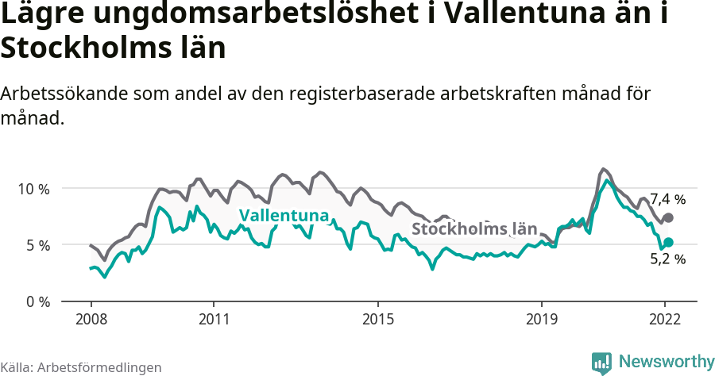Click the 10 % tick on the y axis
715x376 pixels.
coord(33,189)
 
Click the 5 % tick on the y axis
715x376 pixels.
coord(37,245)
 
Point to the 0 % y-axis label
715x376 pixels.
coord(37,302)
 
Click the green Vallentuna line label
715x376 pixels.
coord(284,216)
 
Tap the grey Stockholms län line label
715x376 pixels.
coord(473,229)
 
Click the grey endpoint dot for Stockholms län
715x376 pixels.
coord(668,217)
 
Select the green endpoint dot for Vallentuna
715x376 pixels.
coord(668,242)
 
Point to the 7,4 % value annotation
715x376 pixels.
coord(667,199)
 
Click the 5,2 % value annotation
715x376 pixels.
coord(667,259)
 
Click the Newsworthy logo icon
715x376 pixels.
coord(601,363)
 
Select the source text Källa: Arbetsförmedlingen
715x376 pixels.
coord(81,367)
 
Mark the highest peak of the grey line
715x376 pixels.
coord(604,169)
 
